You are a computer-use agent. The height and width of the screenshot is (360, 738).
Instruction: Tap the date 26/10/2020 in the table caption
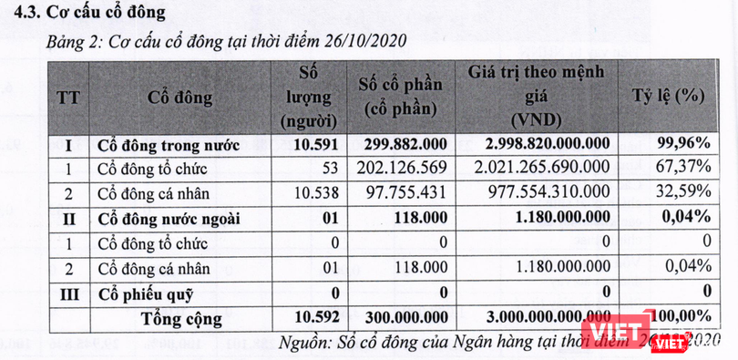(x=359, y=40)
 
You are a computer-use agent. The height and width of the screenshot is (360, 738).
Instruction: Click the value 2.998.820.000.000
(x=547, y=145)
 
